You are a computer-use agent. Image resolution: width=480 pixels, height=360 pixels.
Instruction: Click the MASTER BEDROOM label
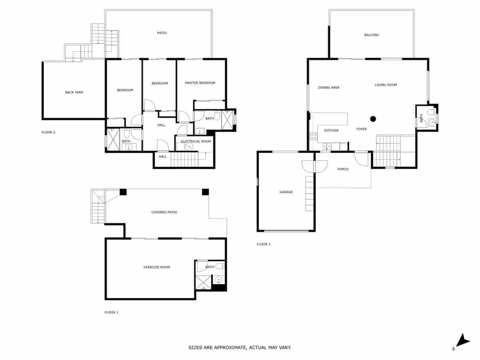pos(200,83)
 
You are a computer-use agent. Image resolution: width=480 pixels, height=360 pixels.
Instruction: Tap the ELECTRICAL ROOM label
pos(196,141)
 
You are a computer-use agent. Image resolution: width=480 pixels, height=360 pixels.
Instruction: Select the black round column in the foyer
pos(373,118)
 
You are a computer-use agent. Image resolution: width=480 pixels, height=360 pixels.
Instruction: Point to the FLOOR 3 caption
pos(263,244)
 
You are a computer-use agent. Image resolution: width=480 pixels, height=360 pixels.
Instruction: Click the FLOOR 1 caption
pos(111,312)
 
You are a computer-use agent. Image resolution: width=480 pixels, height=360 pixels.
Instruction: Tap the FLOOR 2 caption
pos(48,132)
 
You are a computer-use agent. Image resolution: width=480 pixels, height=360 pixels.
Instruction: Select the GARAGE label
pos(286,192)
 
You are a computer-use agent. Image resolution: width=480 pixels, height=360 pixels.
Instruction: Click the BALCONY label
pos(372,35)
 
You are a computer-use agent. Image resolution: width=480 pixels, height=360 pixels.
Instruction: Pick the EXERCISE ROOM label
pos(157,267)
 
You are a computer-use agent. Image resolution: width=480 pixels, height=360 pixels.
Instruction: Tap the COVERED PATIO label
pos(164,212)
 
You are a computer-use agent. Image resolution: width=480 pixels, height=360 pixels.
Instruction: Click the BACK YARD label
pos(74,92)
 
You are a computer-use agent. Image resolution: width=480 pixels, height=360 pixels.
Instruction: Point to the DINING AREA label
pos(329,87)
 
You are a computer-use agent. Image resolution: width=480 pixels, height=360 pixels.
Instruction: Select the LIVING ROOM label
pos(386,85)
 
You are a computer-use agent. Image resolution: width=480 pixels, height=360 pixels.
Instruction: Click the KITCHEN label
pos(331,130)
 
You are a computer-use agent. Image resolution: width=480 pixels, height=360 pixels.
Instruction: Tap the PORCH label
pos(343,169)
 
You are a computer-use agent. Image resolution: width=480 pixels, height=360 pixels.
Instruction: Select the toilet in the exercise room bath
pos(219,266)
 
